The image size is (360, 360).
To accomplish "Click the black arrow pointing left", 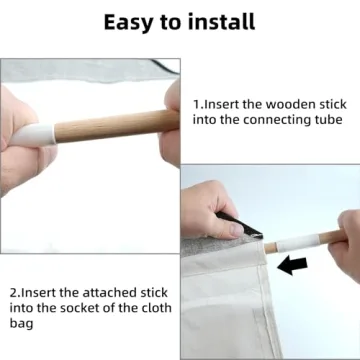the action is point(292,265).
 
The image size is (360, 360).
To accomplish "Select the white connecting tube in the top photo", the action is point(33,135).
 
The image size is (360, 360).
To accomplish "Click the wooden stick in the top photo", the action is point(117,125).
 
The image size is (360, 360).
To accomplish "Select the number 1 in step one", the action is point(196,105).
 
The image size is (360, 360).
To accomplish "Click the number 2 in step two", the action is point(14,293).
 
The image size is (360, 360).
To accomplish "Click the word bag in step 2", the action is point(21,324).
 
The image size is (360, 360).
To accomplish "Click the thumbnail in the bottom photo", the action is point(236,229).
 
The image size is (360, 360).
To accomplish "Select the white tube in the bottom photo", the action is point(297,243).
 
